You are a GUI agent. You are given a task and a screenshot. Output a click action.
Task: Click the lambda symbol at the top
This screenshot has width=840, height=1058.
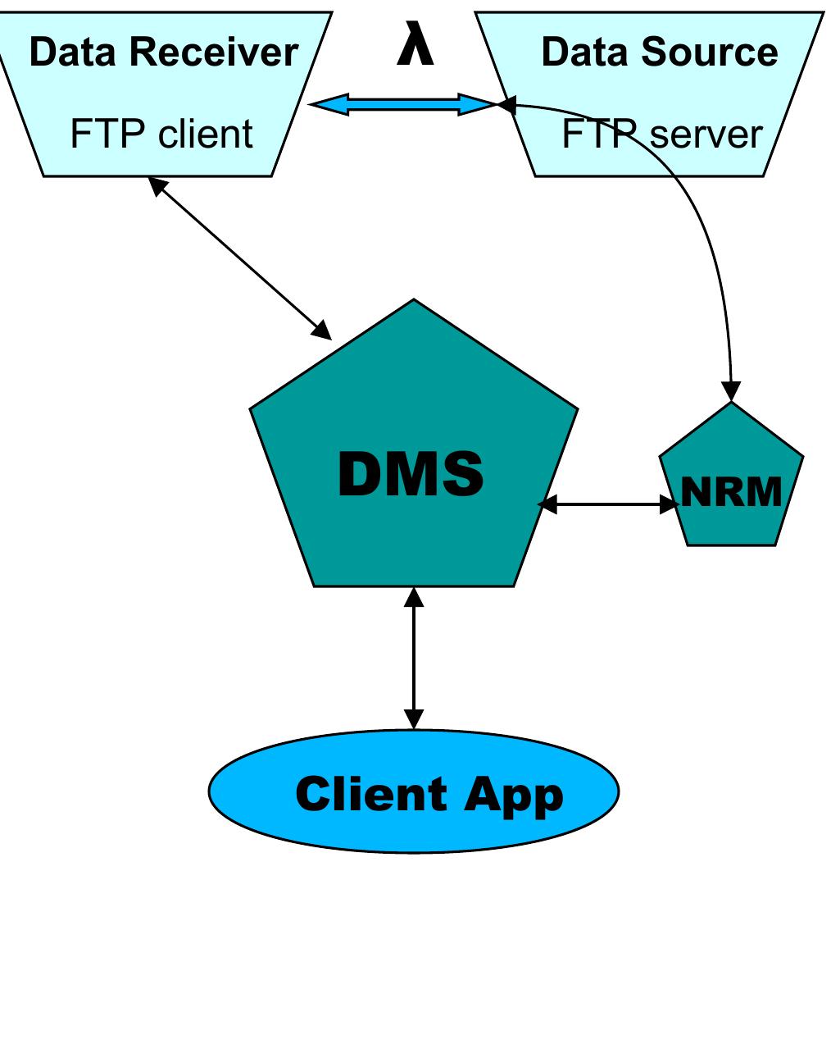coord(415,43)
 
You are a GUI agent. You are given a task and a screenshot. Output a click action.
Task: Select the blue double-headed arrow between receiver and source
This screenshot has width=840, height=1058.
coord(403,104)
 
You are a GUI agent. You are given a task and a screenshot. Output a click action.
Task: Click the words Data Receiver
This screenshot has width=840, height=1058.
coord(164,52)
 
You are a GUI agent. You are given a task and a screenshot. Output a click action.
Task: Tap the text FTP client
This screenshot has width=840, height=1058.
coord(161,133)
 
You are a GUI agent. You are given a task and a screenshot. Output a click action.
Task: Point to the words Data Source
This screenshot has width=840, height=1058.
coord(659,52)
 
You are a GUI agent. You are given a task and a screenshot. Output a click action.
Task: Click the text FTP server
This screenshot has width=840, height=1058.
coord(661,133)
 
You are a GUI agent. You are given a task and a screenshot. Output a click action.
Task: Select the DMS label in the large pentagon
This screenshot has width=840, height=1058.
coord(411,474)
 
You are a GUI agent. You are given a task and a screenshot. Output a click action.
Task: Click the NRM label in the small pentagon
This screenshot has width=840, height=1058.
coord(731,491)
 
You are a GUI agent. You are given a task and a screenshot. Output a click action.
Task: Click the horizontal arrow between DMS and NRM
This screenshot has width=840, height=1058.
coord(609,504)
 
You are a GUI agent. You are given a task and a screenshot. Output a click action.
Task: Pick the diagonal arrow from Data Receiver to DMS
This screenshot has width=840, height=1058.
coord(240,258)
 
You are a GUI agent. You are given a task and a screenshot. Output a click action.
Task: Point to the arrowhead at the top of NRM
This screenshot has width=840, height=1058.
coord(731,391)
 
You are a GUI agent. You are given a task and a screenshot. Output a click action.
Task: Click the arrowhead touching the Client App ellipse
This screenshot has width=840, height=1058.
coord(414,718)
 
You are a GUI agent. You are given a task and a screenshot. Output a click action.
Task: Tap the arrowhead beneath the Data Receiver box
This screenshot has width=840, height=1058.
coord(157,185)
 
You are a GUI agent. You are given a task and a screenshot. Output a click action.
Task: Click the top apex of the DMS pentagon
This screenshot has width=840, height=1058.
coord(414,299)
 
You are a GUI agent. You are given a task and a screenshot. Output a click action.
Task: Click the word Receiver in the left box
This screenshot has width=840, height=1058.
coord(214,52)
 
